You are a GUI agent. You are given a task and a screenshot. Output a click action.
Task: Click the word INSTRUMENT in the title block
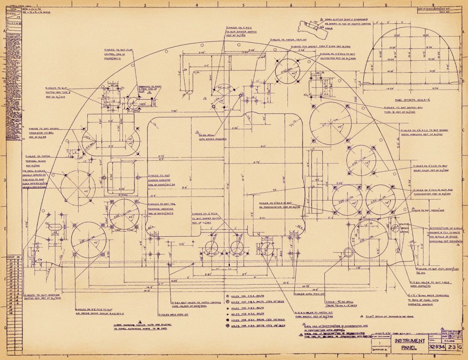pyautogui.click(x=409, y=341)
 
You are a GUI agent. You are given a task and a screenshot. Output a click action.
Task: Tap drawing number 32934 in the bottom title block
pyautogui.click(x=436, y=348)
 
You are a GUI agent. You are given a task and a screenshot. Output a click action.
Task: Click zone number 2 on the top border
pyautogui.click(x=97, y=4)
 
